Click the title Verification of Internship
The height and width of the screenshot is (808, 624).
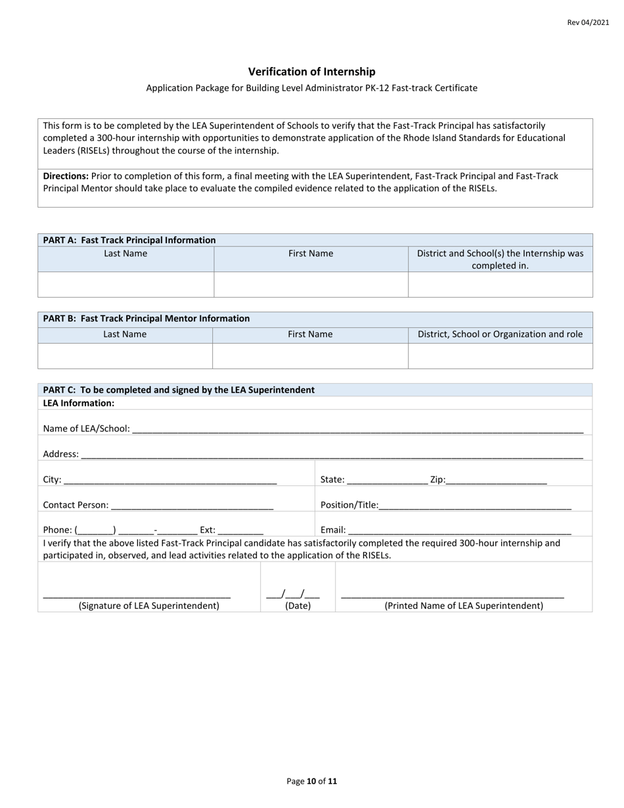tap(311, 72)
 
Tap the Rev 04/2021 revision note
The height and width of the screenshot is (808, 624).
tap(588, 22)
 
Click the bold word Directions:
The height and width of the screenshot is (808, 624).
tap(66, 176)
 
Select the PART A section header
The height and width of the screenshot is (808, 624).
tap(129, 240)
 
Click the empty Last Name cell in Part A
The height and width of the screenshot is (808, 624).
tap(125, 284)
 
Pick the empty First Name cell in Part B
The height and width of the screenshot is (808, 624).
tap(310, 355)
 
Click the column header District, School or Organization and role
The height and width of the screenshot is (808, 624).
tap(500, 334)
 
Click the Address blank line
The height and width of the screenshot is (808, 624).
tap(332, 455)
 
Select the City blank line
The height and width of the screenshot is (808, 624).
tap(170, 481)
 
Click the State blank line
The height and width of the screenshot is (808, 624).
tap(387, 481)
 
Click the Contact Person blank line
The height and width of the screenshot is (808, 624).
tap(192, 506)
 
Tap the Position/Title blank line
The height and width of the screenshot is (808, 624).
tap(475, 506)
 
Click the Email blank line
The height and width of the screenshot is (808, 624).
tap(459, 531)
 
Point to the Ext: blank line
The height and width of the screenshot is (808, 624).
tap(240, 531)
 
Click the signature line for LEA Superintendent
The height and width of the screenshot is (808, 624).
tap(137, 595)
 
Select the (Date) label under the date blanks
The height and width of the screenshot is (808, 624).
tap(298, 606)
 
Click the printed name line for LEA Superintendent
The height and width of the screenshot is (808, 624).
tap(453, 595)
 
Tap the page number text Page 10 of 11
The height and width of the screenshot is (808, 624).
tap(311, 781)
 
